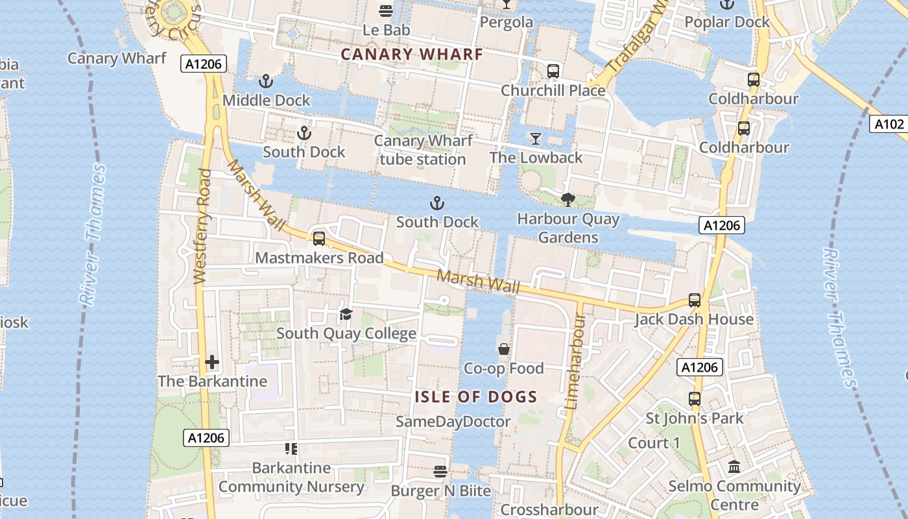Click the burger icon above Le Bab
386,10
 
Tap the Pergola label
507,22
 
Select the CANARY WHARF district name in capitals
412,54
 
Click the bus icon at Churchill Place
553,71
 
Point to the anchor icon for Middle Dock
265,82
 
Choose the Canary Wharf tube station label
423,150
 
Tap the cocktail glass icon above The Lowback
535,138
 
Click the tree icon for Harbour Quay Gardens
568,200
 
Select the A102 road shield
888,124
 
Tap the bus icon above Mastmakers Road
318,239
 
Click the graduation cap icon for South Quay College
346,315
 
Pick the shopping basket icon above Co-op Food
503,350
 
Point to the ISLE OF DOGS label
476,397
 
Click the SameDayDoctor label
453,422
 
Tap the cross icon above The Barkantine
212,362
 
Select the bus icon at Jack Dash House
695,300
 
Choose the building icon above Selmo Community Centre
734,466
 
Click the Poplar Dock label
727,22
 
